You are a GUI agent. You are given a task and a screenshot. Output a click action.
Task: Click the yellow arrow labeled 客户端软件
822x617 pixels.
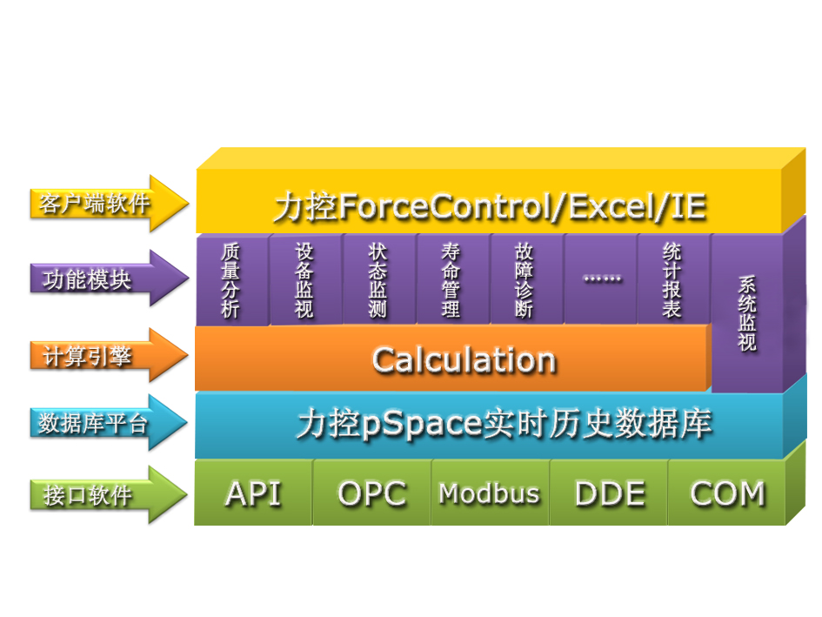pyautogui.click(x=109, y=203)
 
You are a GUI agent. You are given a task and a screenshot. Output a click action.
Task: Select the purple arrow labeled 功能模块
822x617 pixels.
pyautogui.click(x=109, y=278)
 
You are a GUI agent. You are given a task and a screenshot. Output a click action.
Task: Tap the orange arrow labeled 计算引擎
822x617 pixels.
pyautogui.click(x=109, y=356)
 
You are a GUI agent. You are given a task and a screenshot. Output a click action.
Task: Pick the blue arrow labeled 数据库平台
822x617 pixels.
pyautogui.click(x=109, y=422)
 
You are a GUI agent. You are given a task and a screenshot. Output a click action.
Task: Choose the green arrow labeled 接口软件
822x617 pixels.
pyautogui.click(x=109, y=495)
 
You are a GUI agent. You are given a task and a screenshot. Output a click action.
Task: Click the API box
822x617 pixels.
pyautogui.click(x=254, y=493)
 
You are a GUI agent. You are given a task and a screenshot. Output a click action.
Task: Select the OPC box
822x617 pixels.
pyautogui.click(x=372, y=493)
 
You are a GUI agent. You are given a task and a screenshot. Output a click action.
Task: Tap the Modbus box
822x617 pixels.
pyautogui.click(x=491, y=493)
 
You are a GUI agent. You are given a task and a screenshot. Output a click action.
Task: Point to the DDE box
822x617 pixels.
pyautogui.click(x=609, y=493)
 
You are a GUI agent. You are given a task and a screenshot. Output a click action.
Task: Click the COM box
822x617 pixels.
pyautogui.click(x=727, y=493)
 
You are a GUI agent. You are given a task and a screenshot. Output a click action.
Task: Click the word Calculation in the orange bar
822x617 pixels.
pyautogui.click(x=464, y=360)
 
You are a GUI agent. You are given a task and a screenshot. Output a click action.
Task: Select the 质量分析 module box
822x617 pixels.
pyautogui.click(x=231, y=279)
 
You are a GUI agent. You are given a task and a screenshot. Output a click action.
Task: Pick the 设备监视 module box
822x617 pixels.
pyautogui.click(x=305, y=279)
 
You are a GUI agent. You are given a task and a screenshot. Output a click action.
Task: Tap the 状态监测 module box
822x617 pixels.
pyautogui.click(x=378, y=279)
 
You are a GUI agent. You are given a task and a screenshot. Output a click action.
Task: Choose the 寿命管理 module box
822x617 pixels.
pyautogui.click(x=452, y=279)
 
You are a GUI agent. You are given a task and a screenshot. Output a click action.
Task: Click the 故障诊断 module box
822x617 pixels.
pyautogui.click(x=525, y=279)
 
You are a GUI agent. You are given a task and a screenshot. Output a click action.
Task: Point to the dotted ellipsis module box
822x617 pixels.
pyautogui.click(x=601, y=279)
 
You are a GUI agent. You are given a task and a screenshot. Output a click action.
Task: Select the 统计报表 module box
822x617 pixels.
pyautogui.click(x=673, y=279)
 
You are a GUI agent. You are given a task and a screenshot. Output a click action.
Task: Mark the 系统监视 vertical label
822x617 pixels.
pyautogui.click(x=747, y=313)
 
